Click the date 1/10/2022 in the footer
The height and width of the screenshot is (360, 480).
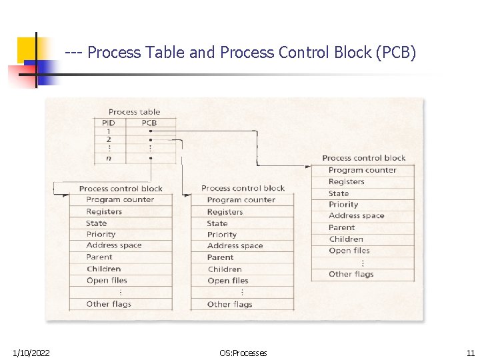(x=31, y=353)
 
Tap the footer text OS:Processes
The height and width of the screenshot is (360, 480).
(x=243, y=353)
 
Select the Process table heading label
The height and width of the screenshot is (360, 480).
(x=134, y=112)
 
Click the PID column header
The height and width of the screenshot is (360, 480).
(x=109, y=123)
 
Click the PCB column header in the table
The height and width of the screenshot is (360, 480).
(x=149, y=123)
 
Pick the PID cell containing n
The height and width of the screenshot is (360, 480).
(x=109, y=158)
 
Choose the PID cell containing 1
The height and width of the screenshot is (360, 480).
(x=109, y=131)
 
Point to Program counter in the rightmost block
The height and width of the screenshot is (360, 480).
(x=362, y=170)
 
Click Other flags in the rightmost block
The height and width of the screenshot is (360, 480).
(x=351, y=274)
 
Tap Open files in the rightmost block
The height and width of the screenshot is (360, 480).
(x=349, y=251)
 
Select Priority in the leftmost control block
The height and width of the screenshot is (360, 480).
(x=101, y=234)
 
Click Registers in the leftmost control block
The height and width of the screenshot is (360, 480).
(x=104, y=211)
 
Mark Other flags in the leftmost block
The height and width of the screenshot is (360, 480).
(x=109, y=304)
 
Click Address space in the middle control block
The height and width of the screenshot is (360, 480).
(x=235, y=245)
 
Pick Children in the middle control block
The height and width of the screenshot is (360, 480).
(x=225, y=269)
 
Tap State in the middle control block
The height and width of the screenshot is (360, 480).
(x=217, y=223)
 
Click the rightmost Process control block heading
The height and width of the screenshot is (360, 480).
(x=363, y=158)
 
